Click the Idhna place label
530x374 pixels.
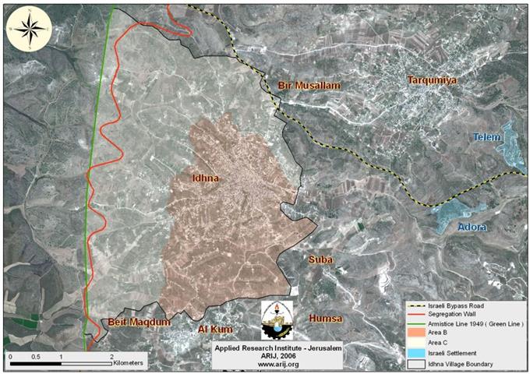tap(205, 178)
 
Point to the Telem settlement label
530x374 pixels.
tap(489, 137)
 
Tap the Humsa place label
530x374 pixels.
tap(326, 319)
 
